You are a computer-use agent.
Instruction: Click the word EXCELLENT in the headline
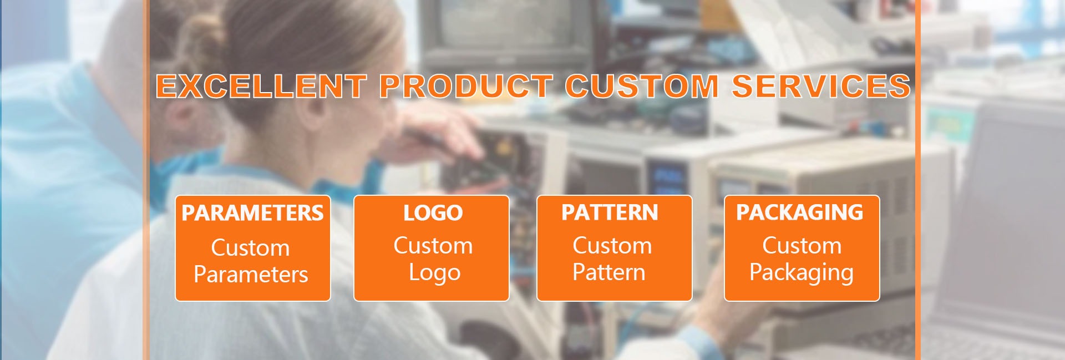pos(261,87)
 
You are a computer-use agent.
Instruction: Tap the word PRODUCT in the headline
pos(465,87)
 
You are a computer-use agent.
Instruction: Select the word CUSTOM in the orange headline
pos(642,87)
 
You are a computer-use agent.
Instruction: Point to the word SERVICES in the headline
pos(821,87)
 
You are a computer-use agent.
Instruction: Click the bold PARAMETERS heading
pos(252,213)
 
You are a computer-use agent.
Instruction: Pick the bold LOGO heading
pos(433,213)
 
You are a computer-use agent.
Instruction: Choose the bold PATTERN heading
pos(610,212)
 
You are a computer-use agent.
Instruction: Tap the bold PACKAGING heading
pos(799,212)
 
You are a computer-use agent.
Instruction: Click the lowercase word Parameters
pos(251,275)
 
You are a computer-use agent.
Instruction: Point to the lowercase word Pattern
pos(608,272)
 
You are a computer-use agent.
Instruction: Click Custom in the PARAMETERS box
pos(250,247)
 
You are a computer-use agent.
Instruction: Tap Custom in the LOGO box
pos(433,245)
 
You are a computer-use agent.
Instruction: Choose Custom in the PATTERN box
pos(612,245)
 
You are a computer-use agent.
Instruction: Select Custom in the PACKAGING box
pos(802,245)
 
